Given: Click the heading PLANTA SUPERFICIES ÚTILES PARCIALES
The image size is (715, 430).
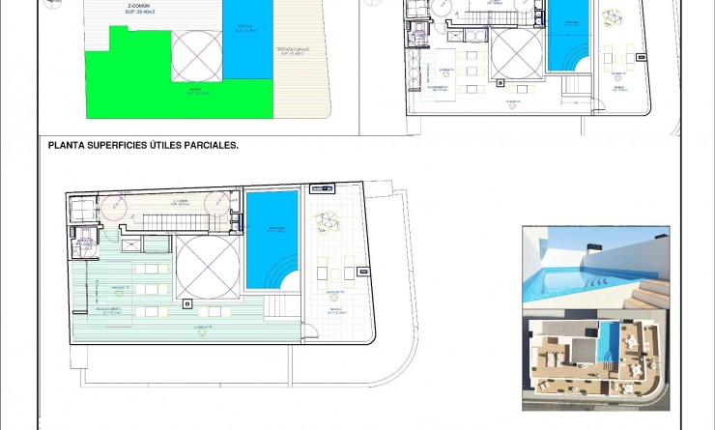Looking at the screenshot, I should tap(142, 146).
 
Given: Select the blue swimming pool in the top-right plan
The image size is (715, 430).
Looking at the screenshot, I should tap(568, 34).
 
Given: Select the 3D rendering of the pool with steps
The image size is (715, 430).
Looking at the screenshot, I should tap(595, 270).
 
